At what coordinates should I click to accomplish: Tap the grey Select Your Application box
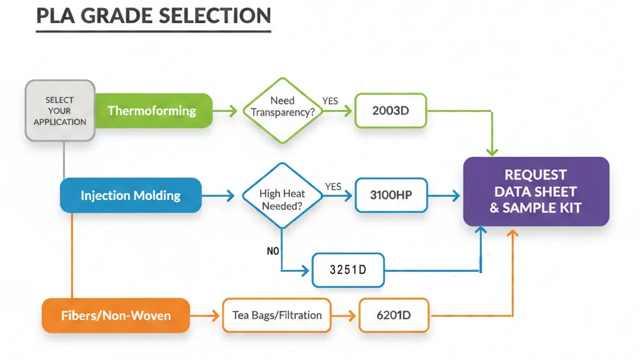click(x=60, y=111)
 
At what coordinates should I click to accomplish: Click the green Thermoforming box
click(x=152, y=111)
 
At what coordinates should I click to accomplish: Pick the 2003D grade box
click(x=391, y=111)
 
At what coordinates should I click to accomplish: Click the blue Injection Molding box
click(x=131, y=196)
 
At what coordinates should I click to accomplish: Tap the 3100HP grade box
click(x=391, y=195)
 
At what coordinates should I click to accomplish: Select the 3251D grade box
click(x=347, y=270)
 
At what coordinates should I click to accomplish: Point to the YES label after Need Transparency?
click(x=330, y=101)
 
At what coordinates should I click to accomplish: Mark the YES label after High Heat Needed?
click(x=333, y=186)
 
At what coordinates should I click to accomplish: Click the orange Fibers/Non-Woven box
click(x=116, y=315)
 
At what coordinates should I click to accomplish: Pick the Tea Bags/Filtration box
click(x=277, y=315)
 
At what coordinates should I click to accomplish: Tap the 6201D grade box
click(x=394, y=315)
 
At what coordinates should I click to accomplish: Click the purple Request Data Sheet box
click(x=536, y=191)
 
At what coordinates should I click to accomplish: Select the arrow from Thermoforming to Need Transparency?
click(x=226, y=111)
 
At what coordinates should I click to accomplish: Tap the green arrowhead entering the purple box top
click(x=492, y=151)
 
